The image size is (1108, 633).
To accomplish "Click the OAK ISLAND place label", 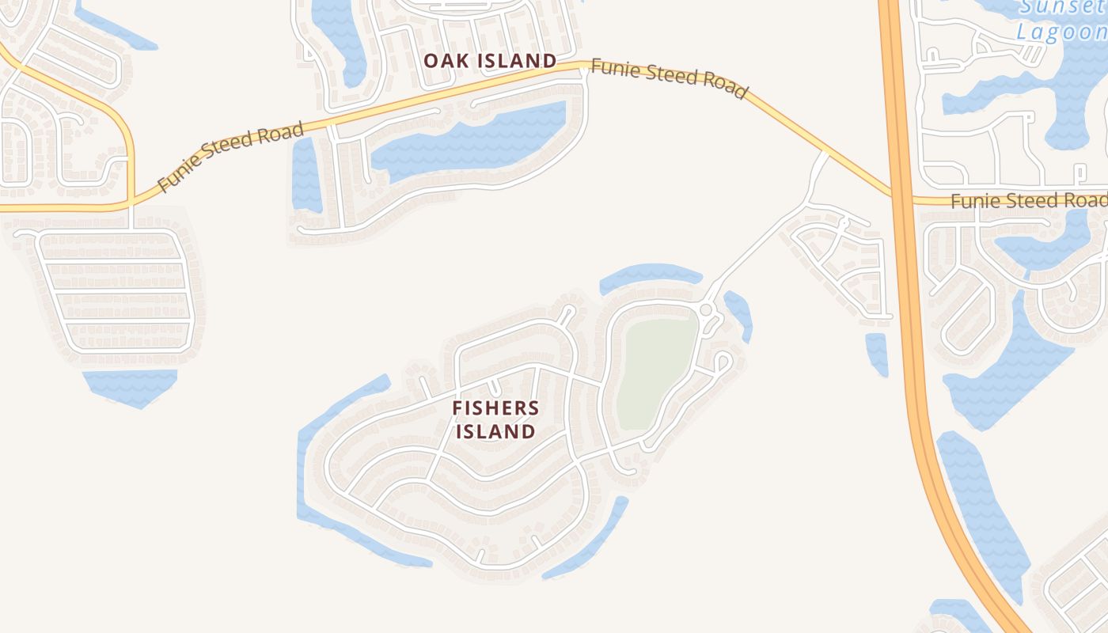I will [489, 61].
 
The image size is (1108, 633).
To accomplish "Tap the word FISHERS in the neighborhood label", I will [495, 408].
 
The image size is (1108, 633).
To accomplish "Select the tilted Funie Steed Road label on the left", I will [230, 157].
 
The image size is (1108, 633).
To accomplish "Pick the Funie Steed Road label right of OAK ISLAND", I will [669, 79].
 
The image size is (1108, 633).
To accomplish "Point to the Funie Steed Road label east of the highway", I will [1028, 201].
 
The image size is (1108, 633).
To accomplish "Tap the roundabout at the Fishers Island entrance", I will [706, 309].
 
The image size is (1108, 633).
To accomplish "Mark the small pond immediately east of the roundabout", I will [738, 313].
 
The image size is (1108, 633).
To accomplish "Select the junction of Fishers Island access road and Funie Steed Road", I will [825, 152].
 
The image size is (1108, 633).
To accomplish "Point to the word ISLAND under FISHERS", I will [495, 432].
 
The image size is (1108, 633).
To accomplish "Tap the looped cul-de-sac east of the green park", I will [721, 362].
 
